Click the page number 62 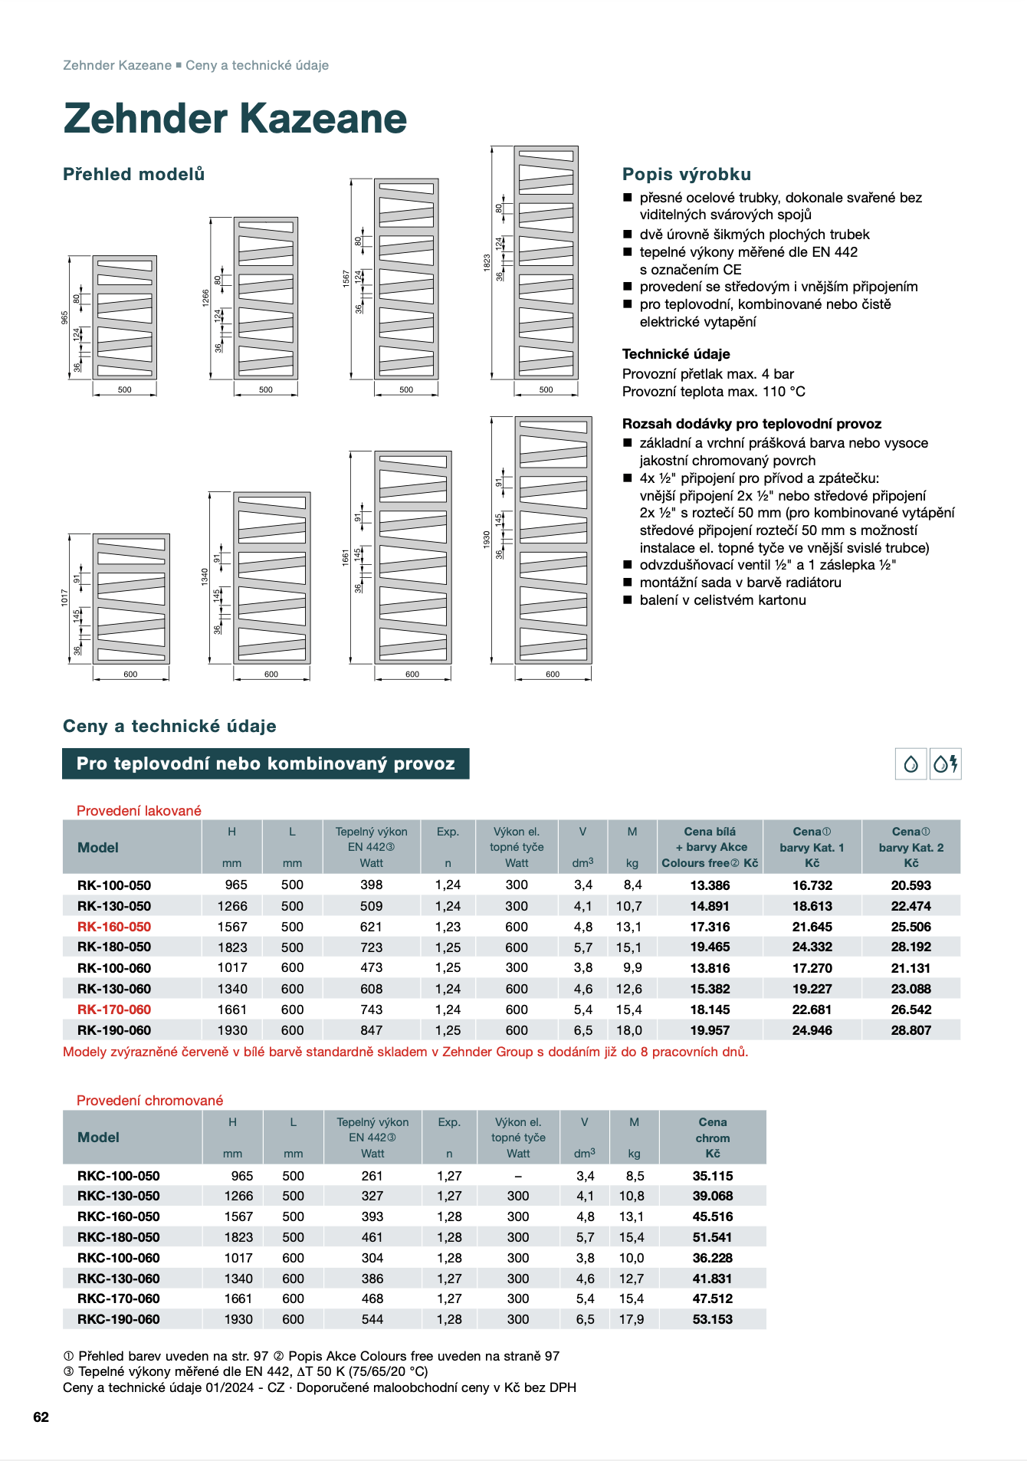pos(41,1417)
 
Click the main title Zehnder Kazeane pos(235,119)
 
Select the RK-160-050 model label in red pos(114,927)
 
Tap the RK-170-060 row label pos(114,1010)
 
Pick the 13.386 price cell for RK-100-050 pos(710,885)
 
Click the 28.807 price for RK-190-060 pos(911,1030)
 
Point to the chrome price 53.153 pos(712,1319)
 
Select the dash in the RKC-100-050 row pos(518,1176)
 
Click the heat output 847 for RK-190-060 pos(371,1030)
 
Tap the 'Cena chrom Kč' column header pos(712,1138)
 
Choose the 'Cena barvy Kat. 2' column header pos(911,847)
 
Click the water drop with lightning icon pos(946,763)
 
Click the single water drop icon pos(911,763)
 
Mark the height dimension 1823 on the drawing pos(487,262)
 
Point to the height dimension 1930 pos(486,539)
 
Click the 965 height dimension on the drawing pos(65,317)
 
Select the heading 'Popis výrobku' pos(686,174)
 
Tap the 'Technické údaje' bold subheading pos(675,354)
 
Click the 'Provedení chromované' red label pos(149,1101)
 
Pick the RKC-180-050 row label pos(119,1237)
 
